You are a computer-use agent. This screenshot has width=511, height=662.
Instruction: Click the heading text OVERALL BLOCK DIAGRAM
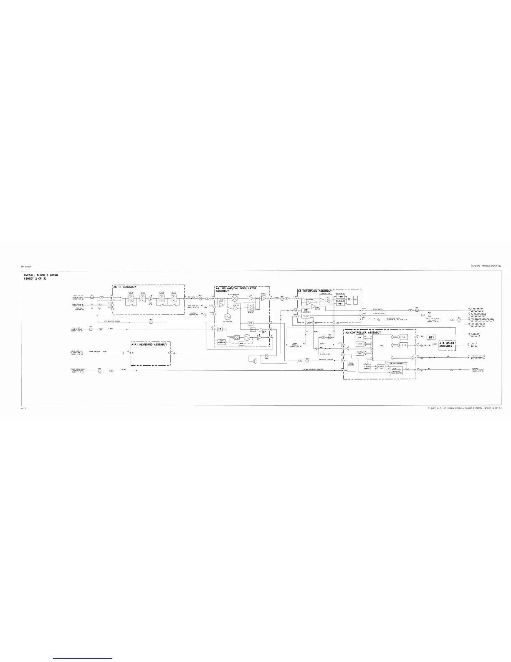pos(41,275)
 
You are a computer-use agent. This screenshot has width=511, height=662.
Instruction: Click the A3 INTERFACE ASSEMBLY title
pos(315,290)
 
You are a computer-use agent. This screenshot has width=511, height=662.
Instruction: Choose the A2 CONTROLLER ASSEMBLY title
pos(363,332)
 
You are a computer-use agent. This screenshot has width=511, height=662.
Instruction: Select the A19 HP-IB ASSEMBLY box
pos(446,345)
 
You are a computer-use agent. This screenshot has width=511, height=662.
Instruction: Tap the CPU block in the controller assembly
pos(382,347)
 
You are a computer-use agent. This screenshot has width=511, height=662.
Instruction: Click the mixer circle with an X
pos(235,297)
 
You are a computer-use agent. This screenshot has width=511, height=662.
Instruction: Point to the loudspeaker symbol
pos(253,360)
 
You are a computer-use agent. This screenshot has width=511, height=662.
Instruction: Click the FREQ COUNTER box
pos(351,364)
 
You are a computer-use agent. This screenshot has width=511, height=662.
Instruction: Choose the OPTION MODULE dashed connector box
pos(477,358)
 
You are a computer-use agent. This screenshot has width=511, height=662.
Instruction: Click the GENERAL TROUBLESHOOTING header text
pos(486,266)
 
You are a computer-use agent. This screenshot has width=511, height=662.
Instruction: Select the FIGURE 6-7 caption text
pos(464,407)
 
